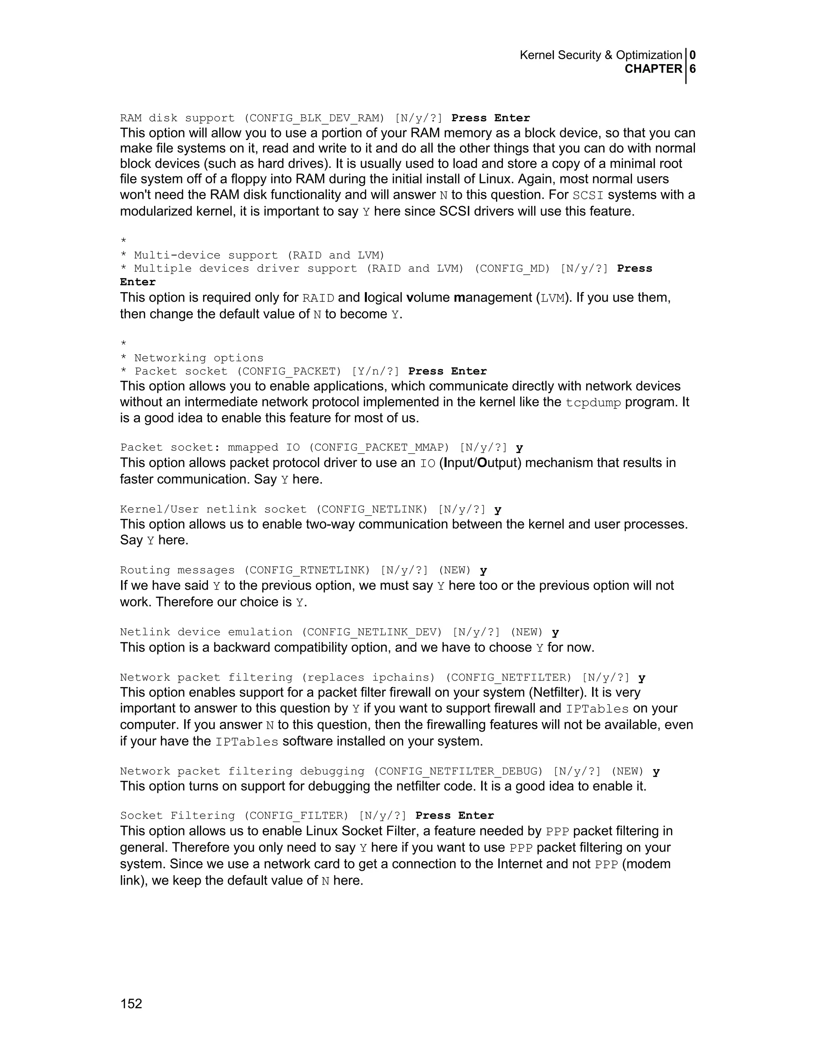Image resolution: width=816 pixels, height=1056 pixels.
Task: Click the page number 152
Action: pos(131,1004)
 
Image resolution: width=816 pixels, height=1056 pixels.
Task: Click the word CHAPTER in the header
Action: pos(653,69)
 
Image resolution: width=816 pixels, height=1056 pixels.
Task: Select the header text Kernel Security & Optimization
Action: pos(600,55)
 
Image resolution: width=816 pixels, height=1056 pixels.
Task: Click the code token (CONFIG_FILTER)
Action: pos(296,816)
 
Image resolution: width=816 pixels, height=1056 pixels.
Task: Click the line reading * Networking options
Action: pos(192,358)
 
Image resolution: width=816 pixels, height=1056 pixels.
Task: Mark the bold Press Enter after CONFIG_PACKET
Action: pos(447,371)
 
